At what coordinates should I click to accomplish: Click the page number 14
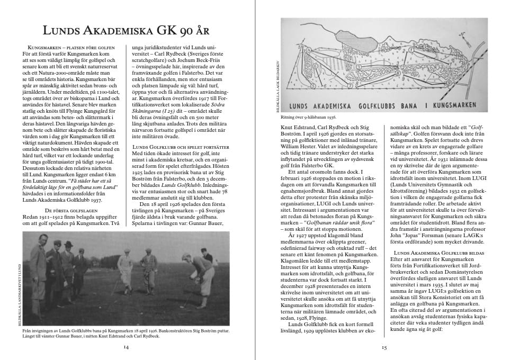126,347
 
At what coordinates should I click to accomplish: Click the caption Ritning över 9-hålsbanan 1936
310,116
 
